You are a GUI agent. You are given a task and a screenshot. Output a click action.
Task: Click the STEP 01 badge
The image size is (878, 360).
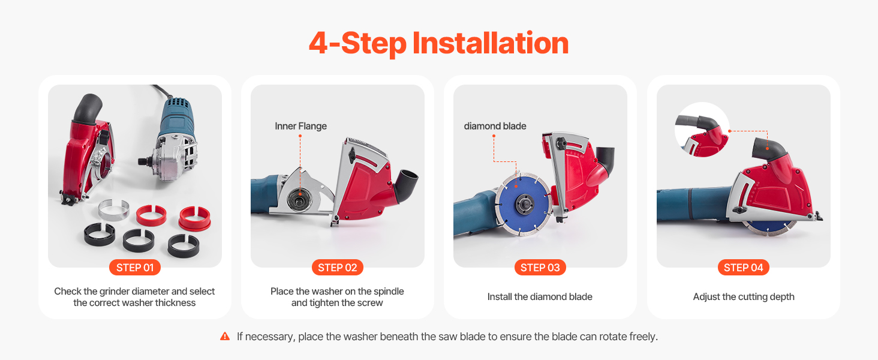(x=135, y=268)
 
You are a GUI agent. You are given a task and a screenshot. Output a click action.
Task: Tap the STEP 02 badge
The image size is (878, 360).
(x=338, y=268)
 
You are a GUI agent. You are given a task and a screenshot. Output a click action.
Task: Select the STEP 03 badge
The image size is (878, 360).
(x=540, y=268)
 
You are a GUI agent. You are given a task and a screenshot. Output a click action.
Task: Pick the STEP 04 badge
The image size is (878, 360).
(x=744, y=268)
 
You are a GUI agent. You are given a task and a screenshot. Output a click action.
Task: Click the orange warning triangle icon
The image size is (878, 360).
(x=225, y=336)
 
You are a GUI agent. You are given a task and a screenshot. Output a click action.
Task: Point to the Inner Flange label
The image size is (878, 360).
(x=300, y=126)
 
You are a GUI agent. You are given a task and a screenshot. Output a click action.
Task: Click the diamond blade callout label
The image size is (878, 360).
(x=495, y=126)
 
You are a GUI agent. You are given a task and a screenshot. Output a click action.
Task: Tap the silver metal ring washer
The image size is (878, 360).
(x=113, y=210)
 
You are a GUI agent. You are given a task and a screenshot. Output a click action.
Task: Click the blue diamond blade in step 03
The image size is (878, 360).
(x=524, y=205)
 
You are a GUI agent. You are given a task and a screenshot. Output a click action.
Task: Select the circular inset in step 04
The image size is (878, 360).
(x=702, y=130)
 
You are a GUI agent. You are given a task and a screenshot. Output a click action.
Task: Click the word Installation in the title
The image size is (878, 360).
(x=491, y=43)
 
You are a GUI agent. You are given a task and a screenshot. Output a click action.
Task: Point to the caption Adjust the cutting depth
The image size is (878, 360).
(x=744, y=297)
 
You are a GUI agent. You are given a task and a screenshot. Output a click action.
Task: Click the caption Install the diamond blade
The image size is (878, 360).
(x=540, y=297)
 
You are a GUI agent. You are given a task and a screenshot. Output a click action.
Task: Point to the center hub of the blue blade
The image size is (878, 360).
(x=524, y=205)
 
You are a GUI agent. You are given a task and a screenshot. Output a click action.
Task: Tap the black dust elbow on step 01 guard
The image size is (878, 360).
(x=87, y=109)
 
